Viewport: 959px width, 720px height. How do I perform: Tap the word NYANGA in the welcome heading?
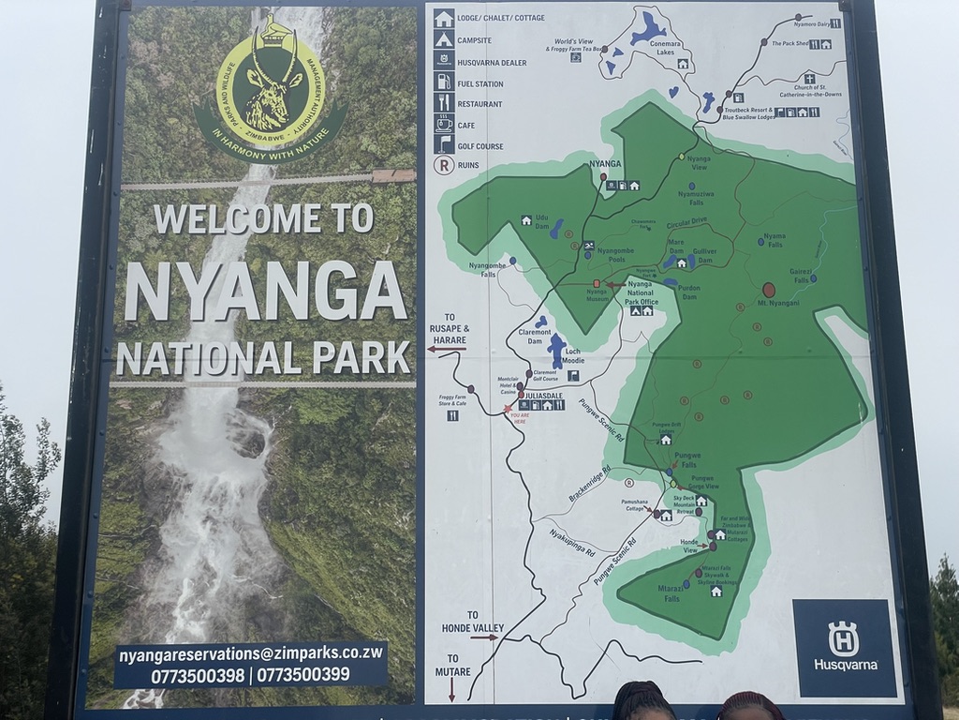(265, 291)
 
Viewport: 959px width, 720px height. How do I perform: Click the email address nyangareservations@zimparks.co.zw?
(250, 653)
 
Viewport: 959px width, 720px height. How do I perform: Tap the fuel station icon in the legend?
(443, 82)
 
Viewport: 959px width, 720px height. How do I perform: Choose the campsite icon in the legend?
(443, 38)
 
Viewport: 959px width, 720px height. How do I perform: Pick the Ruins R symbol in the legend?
(443, 165)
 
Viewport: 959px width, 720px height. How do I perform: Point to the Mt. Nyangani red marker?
(768, 291)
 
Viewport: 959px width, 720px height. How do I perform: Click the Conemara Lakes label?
(652, 54)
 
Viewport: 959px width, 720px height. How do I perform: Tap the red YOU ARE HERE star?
(508, 409)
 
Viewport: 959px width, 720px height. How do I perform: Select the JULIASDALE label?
(544, 395)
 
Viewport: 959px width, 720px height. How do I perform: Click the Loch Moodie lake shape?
(556, 350)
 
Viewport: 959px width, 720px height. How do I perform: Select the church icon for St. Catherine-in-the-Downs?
(808, 79)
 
